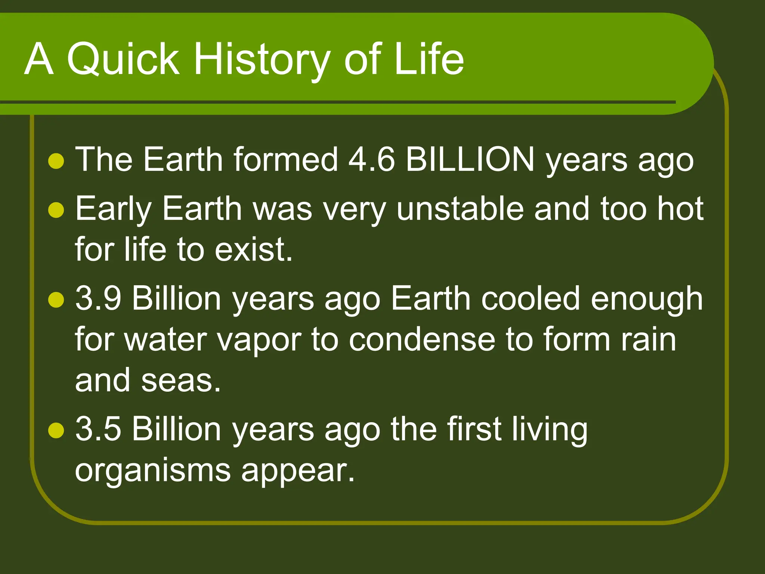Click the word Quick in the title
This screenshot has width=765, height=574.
pyautogui.click(x=123, y=59)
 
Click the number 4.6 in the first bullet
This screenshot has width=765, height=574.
pyautogui.click(x=371, y=160)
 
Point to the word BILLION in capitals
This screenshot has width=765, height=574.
pyautogui.click(x=470, y=160)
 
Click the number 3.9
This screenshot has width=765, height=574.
pyautogui.click(x=98, y=299)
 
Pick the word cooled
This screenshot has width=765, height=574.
pyautogui.click(x=530, y=299)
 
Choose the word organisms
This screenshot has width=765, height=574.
pyautogui.click(x=153, y=471)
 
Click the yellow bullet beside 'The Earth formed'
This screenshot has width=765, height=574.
pyautogui.click(x=56, y=161)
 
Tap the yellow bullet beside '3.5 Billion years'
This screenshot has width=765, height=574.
pyautogui.click(x=56, y=430)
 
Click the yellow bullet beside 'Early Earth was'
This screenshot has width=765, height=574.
pyautogui.click(x=56, y=210)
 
